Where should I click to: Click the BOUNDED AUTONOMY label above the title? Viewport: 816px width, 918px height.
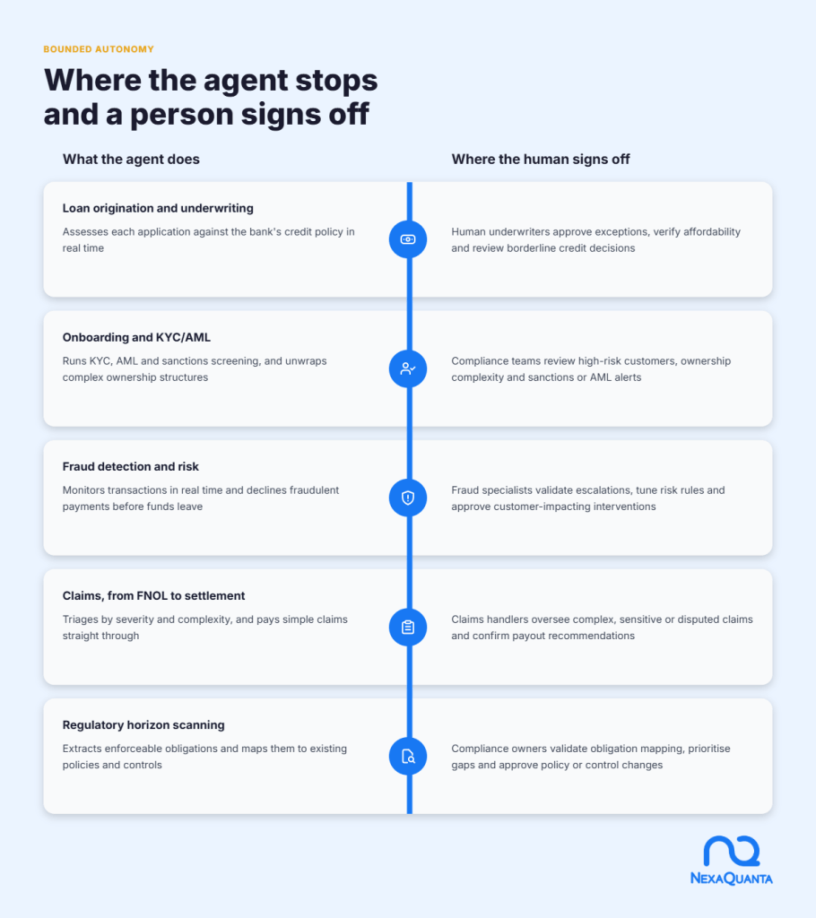coord(99,49)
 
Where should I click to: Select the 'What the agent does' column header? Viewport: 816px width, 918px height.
coord(131,160)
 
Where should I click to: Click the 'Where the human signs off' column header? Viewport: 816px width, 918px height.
coord(540,160)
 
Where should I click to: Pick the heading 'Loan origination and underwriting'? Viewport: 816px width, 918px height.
coord(158,208)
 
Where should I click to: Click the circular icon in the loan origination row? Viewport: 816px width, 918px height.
coord(408,239)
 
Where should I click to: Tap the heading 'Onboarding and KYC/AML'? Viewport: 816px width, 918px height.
coord(136,337)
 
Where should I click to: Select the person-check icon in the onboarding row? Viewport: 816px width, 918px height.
coord(408,368)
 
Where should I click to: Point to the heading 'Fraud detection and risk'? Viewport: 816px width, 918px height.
coord(131,466)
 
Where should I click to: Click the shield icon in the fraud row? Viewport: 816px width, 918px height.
coord(408,498)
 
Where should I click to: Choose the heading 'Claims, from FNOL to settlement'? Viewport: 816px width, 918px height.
coord(153,596)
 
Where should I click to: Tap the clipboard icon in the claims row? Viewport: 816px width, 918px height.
coord(408,627)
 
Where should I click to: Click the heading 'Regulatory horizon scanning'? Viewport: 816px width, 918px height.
coord(143,724)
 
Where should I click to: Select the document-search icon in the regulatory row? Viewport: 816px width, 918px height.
coord(408,757)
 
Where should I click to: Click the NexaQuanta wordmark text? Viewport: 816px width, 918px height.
coord(731,879)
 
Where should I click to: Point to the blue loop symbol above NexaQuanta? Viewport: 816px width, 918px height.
coord(732,851)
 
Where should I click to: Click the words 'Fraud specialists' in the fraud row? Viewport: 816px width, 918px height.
coord(489,490)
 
